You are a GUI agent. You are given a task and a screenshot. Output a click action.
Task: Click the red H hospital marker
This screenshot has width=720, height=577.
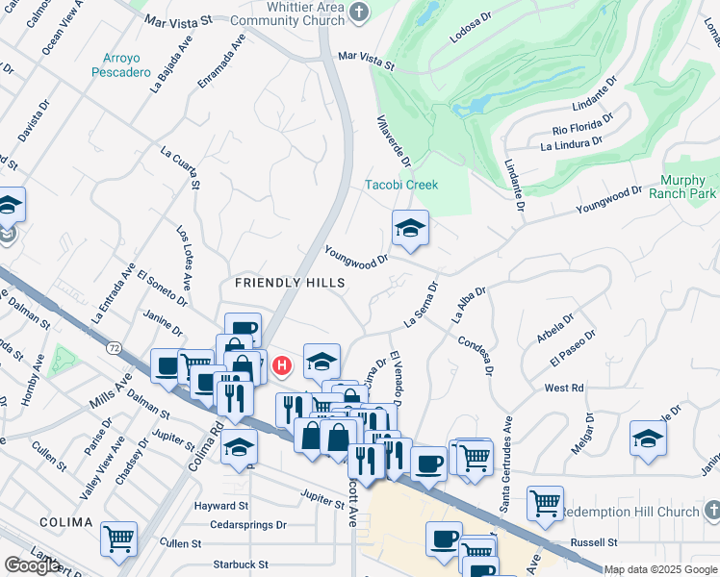[282, 365]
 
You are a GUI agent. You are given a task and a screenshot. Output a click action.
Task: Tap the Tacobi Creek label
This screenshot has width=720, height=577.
[401, 185]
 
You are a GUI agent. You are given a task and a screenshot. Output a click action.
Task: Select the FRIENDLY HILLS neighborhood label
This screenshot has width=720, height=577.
[290, 283]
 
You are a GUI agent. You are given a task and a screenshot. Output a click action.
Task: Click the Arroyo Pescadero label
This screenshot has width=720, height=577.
[122, 64]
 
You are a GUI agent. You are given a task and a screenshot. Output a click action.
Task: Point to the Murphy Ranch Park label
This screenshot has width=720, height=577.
[689, 187]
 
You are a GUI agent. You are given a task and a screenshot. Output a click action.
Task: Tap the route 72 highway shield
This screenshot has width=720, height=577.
[115, 345]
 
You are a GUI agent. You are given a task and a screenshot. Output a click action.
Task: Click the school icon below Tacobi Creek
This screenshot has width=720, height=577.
[410, 229]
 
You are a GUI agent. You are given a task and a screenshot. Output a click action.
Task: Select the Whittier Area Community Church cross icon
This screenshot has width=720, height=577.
[360, 12]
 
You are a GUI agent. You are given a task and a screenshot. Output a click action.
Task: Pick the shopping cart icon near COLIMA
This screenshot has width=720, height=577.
[119, 539]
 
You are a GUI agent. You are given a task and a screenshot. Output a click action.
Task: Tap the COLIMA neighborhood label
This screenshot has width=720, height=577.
[65, 522]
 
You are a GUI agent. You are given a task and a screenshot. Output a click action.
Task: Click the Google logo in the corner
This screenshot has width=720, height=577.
[32, 565]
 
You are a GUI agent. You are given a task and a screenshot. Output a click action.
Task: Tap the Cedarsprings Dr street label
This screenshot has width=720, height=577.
[248, 525]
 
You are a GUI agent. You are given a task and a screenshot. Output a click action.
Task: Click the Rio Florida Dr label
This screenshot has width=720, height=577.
[582, 124]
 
